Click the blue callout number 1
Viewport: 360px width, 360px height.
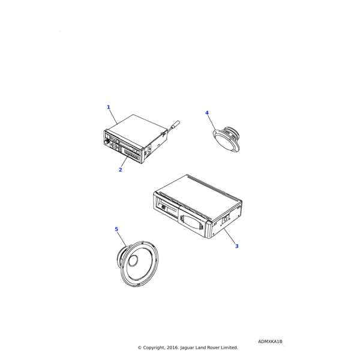[109, 107]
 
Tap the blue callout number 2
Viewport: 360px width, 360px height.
[120, 170]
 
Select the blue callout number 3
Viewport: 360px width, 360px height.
[236, 246]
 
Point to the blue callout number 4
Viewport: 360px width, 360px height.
[207, 113]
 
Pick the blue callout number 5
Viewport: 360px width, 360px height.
[116, 229]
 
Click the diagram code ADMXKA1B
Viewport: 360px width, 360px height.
[270, 341]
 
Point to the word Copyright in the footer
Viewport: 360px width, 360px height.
[155, 347]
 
